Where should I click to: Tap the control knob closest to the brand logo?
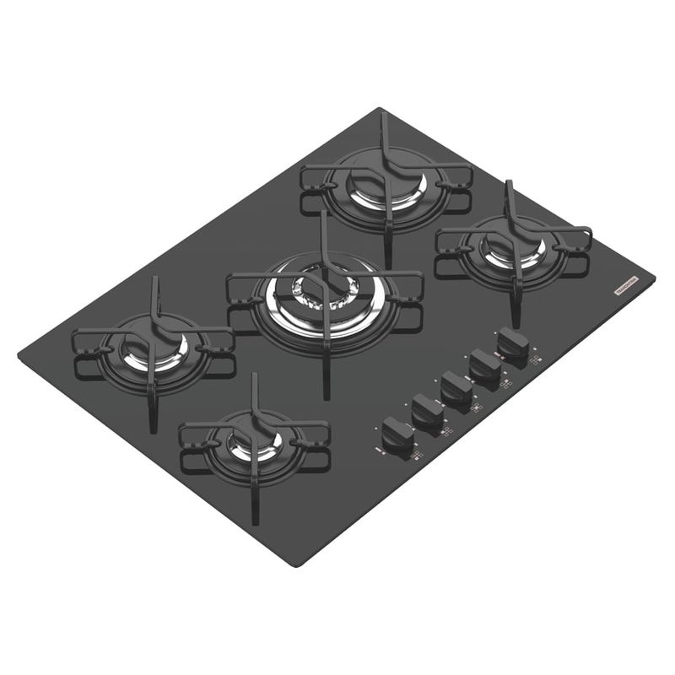coord(513,343)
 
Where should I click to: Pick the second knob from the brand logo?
coord(485,365)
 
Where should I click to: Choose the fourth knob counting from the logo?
coord(427,411)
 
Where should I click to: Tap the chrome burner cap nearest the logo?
coord(512,248)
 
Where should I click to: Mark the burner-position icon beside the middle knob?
coord(477,410)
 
